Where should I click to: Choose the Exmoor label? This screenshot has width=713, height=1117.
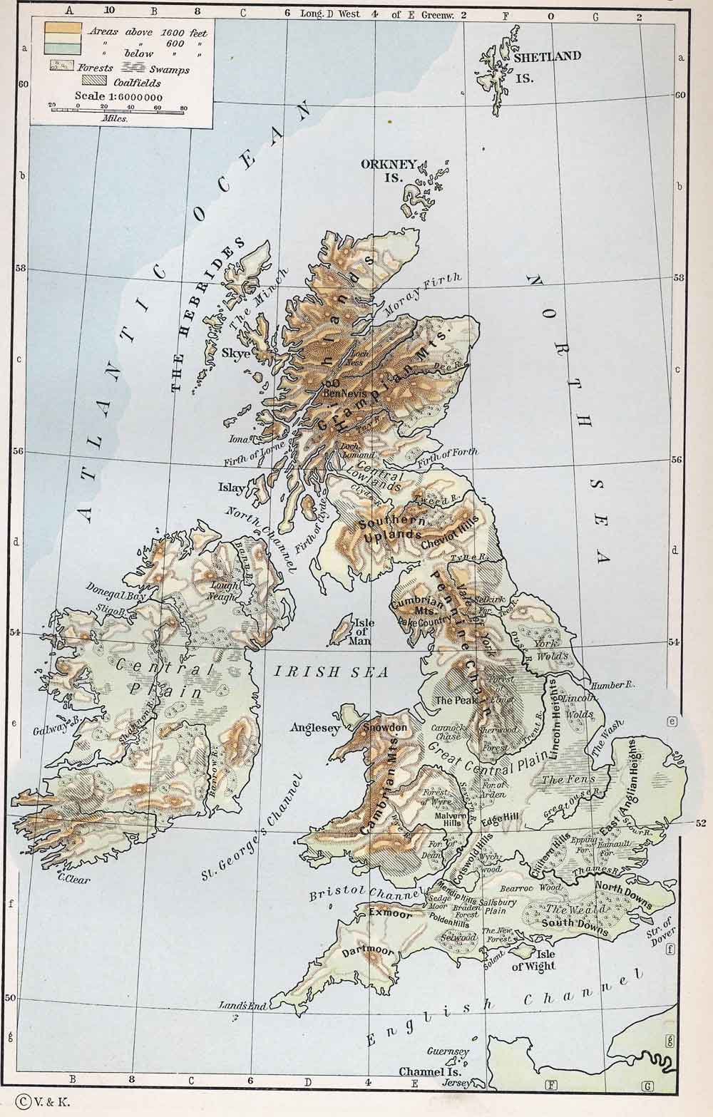[x=385, y=914]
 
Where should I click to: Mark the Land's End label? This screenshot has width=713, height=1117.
[x=244, y=1006]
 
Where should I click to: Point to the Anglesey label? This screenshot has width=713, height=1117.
[x=314, y=728]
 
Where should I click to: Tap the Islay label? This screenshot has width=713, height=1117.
[x=235, y=488]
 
